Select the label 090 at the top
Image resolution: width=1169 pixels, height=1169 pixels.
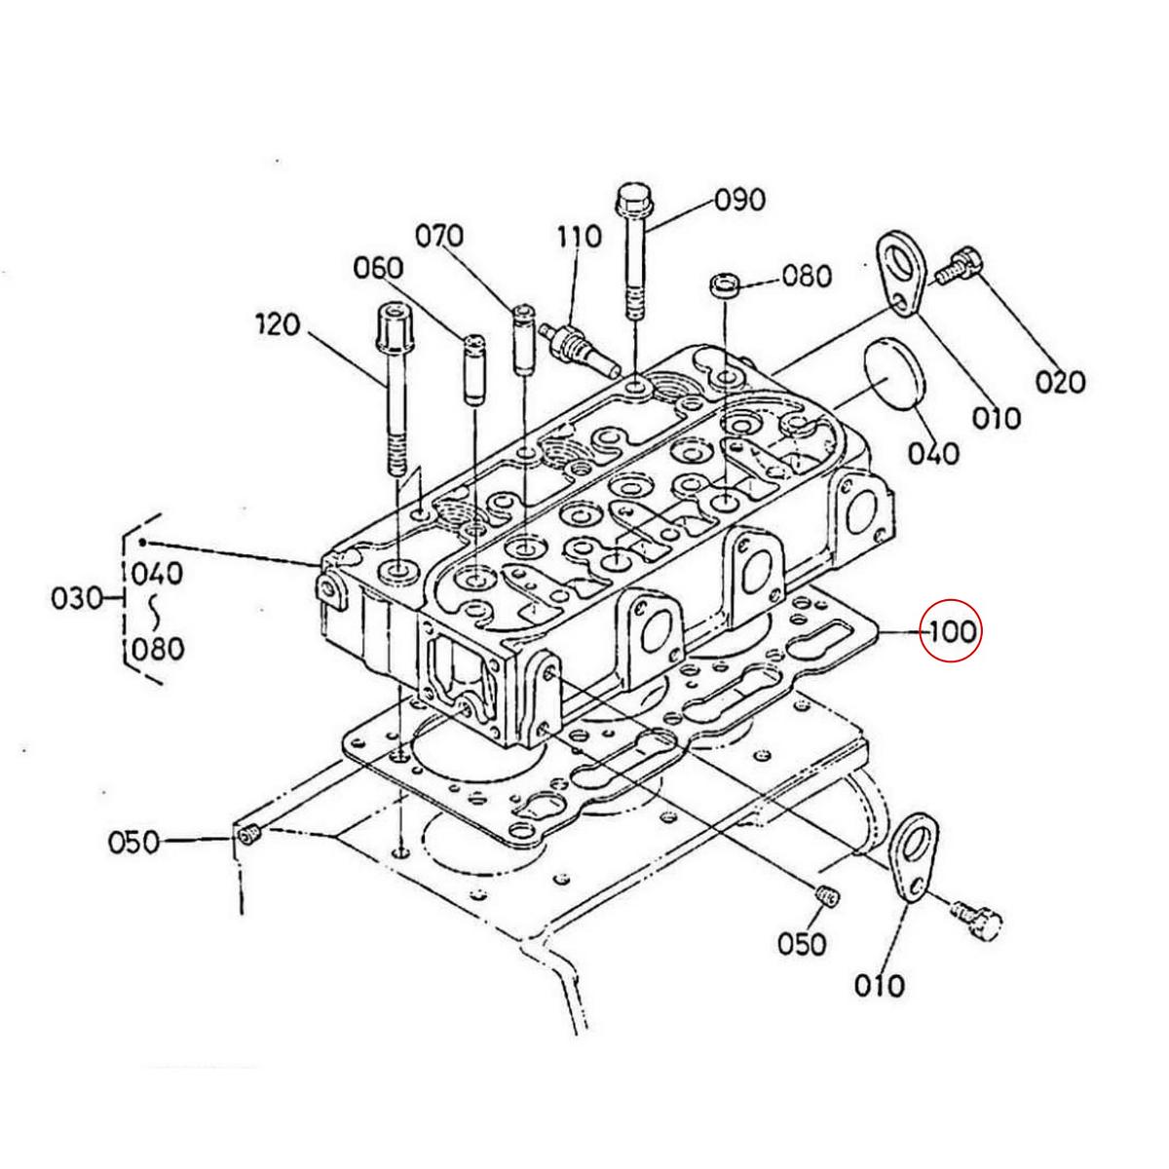tap(740, 200)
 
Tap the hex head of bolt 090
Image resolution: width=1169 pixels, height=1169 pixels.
tap(631, 201)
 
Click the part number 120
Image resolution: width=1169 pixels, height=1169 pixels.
tap(278, 324)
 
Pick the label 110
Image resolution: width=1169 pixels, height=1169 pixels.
tap(581, 236)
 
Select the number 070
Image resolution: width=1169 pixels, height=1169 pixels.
tap(439, 236)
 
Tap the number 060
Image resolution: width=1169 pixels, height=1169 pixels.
tap(377, 268)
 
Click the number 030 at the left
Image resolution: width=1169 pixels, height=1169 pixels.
tap(78, 598)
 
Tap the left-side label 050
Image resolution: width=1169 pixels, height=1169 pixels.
tap(132, 841)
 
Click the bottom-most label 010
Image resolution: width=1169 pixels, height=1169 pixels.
tap(879, 986)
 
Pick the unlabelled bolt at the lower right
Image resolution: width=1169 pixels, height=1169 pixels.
tap(974, 918)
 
